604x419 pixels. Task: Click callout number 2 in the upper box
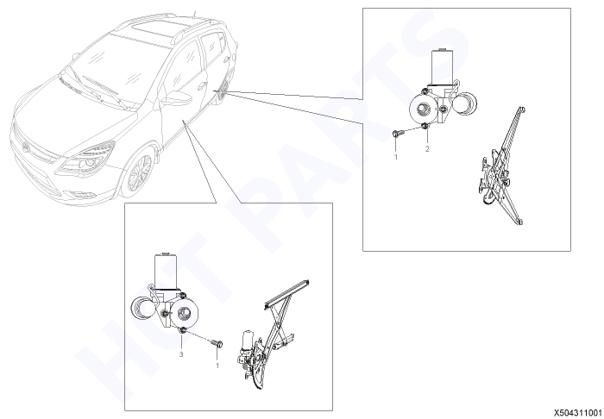pyautogui.click(x=427, y=149)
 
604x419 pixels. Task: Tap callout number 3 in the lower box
pyautogui.click(x=181, y=354)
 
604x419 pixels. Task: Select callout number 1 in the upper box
pyautogui.click(x=395, y=157)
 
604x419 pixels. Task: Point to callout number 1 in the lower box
pyautogui.click(x=217, y=366)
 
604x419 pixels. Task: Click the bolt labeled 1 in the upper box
pyautogui.click(x=396, y=134)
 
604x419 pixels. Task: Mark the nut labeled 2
pyautogui.click(x=425, y=127)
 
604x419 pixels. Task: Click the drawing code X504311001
pyautogui.click(x=578, y=413)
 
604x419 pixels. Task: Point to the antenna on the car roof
pyautogui.click(x=194, y=15)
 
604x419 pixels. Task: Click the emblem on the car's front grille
pyautogui.click(x=25, y=147)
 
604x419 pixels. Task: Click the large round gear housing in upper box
pyautogui.click(x=423, y=109)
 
